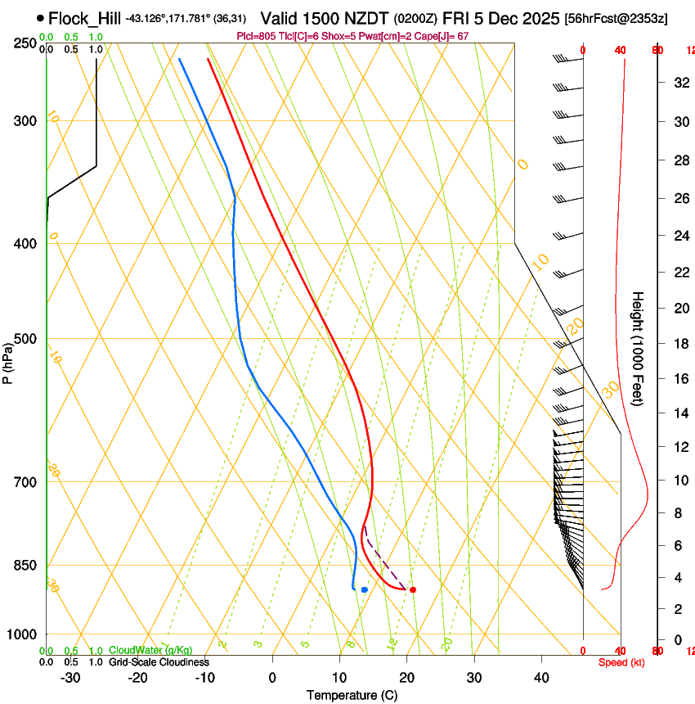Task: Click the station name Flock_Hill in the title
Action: tap(84, 18)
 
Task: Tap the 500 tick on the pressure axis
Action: tap(25, 339)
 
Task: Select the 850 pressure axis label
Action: tap(25, 566)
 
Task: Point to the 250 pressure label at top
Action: tap(25, 43)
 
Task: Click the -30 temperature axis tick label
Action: tap(70, 678)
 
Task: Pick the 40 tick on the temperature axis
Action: tap(540, 678)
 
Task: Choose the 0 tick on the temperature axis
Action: tap(273, 678)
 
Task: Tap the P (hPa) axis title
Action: tap(7, 360)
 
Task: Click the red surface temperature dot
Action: tap(413, 589)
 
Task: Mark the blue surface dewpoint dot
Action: tap(364, 589)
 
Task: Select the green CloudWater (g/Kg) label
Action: tap(150, 650)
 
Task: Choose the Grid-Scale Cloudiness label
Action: tap(159, 662)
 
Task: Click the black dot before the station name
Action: tap(41, 18)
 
